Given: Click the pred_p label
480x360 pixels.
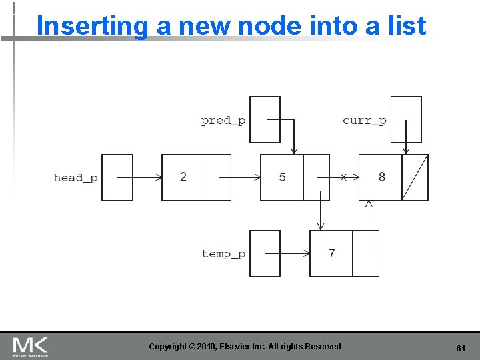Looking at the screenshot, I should (223, 121).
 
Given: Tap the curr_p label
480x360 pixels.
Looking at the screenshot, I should (364, 121).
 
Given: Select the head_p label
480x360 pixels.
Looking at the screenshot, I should (75, 177).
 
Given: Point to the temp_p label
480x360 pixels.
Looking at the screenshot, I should (223, 254).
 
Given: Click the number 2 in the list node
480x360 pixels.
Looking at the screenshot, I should (183, 177).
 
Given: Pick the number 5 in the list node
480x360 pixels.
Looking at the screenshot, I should (282, 177).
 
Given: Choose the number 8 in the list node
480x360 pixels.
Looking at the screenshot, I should (381, 177).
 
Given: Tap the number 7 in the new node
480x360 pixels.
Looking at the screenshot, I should (331, 253).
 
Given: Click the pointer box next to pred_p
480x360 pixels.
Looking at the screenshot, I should (265, 120).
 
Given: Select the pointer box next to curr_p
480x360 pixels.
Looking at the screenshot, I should (406, 120).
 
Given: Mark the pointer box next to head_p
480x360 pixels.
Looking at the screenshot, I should (117, 177).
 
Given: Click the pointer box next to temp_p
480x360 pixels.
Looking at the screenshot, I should (265, 253).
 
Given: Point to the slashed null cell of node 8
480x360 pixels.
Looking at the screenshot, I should (415, 177).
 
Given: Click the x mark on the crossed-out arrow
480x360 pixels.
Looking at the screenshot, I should (343, 177).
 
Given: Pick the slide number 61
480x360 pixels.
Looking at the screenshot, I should (460, 349).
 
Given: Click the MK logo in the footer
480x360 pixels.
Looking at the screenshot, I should (30, 346).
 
